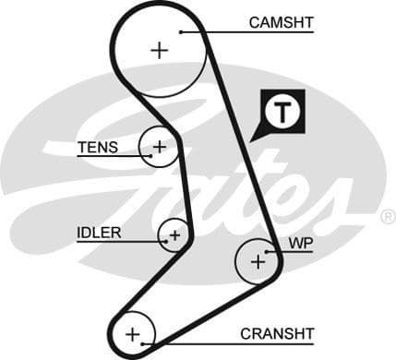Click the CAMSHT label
[281, 21]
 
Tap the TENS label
[97, 147]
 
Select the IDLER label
[99, 233]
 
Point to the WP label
[301, 244]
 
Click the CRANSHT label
[277, 333]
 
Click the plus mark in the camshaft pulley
[161, 50]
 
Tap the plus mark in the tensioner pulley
[159, 146]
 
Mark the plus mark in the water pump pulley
[258, 262]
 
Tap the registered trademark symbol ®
[388, 217]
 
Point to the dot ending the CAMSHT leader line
[183, 31]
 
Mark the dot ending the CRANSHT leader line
[144, 342]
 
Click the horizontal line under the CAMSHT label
[268, 31]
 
